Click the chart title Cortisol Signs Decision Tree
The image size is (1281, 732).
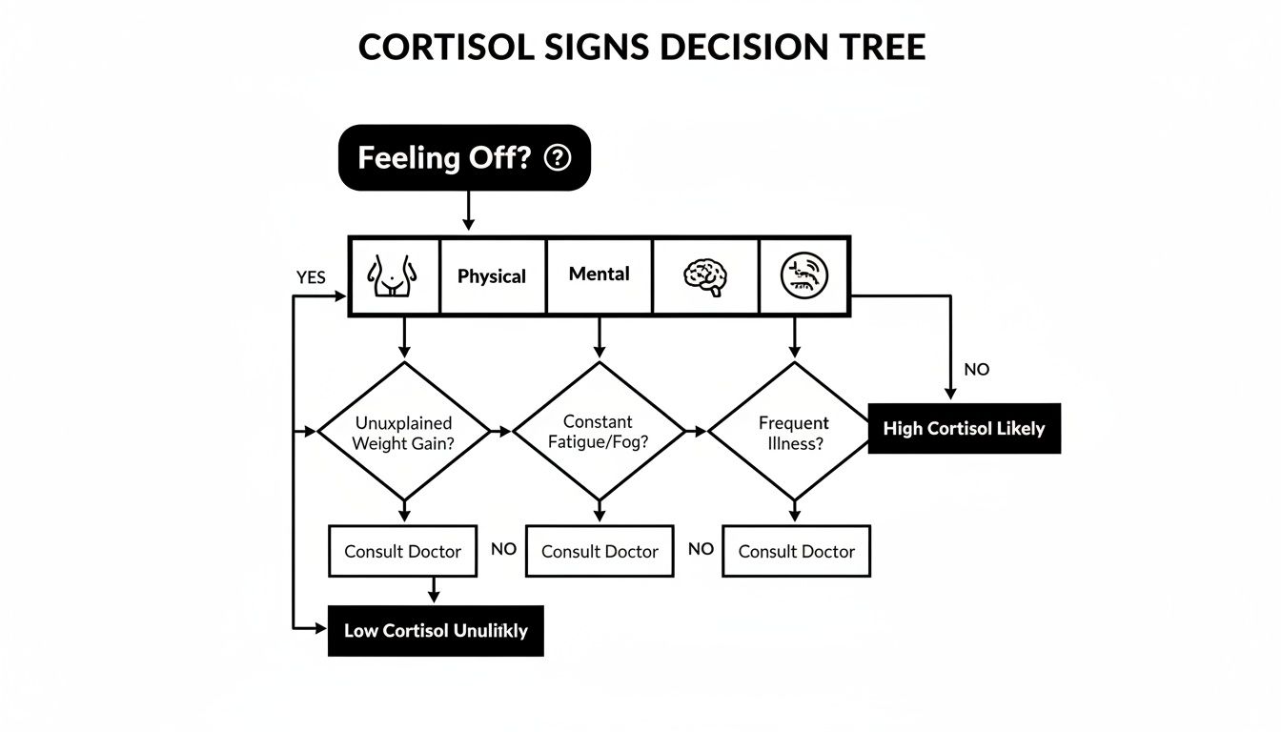641,48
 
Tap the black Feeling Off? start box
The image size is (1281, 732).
464,157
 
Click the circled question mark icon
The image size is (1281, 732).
557,158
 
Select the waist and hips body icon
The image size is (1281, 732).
394,275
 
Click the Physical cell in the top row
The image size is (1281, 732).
492,276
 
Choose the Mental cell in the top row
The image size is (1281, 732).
599,274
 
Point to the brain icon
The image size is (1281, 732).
705,276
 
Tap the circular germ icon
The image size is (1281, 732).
803,275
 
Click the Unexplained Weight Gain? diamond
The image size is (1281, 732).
403,432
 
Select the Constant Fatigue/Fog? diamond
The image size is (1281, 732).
599,431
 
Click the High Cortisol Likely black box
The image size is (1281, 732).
964,429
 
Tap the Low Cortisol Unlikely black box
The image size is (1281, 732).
436,630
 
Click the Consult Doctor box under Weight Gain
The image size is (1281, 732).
402,551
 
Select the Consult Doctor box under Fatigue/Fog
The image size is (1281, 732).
600,551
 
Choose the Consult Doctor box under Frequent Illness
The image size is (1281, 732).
796,551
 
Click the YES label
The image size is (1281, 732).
311,278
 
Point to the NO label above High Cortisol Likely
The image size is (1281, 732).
977,370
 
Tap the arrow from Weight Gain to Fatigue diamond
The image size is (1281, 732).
501,432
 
